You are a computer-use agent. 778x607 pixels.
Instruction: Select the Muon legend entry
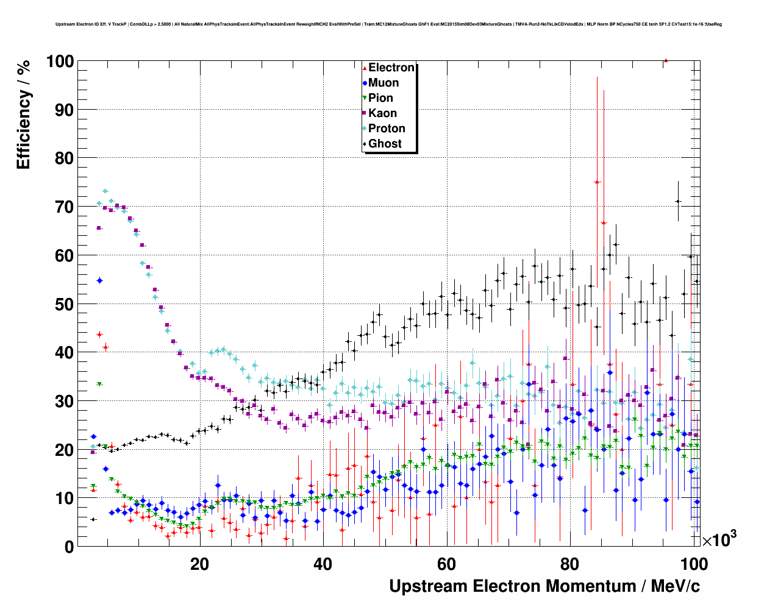point(383,83)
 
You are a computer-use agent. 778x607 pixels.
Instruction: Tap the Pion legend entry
point(380,98)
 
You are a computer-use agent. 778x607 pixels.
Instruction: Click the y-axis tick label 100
point(59,62)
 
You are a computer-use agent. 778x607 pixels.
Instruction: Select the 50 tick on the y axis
point(64,304)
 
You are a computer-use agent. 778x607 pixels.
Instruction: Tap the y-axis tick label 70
point(64,207)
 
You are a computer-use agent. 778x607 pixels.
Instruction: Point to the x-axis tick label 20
point(199,564)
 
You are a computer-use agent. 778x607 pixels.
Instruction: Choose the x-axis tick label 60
point(446,564)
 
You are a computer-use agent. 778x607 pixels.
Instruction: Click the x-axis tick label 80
point(570,564)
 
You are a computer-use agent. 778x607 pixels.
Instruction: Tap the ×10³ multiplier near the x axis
point(719,539)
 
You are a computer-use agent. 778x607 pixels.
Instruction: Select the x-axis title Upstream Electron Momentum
point(544,586)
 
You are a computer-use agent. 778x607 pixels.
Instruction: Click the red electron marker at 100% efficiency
point(666,60)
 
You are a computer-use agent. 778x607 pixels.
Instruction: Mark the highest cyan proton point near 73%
point(105,191)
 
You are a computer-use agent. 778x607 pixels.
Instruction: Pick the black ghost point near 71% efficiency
point(677,201)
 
